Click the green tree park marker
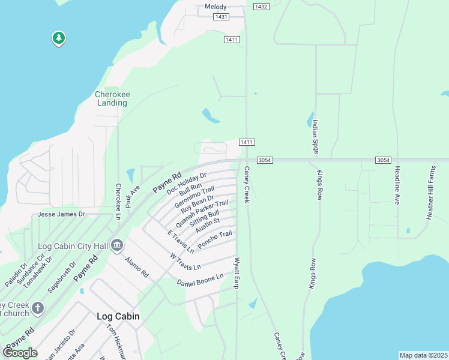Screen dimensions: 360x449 (58, 38)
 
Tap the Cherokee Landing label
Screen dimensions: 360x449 (112, 98)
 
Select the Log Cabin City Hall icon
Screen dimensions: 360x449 (117, 245)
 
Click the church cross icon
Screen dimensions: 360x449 (37, 308)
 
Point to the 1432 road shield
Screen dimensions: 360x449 (261, 7)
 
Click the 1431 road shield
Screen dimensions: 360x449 (221, 17)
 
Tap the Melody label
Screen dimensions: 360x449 (215, 7)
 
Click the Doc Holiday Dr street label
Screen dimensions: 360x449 (187, 182)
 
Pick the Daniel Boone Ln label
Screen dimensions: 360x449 (200, 280)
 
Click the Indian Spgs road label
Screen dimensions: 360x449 (315, 137)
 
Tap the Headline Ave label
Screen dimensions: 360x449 (397, 185)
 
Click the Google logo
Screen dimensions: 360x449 (20, 353)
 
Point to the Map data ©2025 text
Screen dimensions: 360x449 (423, 355)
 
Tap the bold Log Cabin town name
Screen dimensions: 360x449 (118, 316)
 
